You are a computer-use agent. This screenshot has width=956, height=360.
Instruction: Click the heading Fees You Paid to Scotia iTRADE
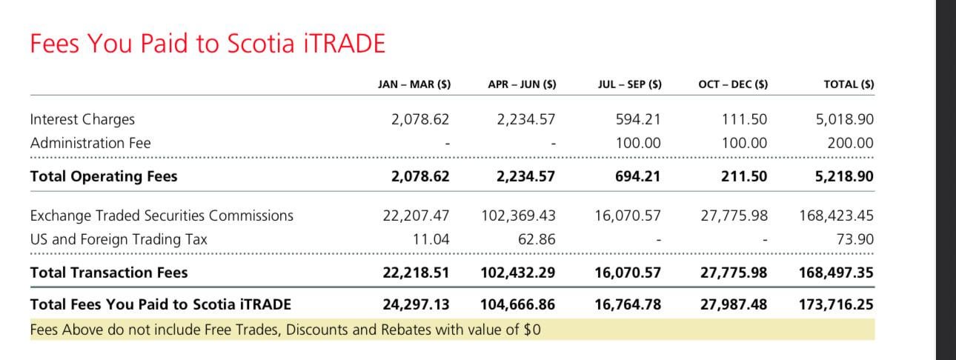point(208,44)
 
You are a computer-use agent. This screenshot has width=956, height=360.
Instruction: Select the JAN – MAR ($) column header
point(414,84)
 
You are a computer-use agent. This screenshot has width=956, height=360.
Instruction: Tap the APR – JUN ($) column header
point(522,84)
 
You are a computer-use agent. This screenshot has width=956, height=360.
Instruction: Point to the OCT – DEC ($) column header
point(733,84)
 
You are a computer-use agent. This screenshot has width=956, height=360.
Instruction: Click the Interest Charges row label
point(82,119)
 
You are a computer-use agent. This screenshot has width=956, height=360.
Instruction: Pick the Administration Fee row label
point(90,143)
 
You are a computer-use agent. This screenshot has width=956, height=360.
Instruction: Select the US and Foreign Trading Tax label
point(119,239)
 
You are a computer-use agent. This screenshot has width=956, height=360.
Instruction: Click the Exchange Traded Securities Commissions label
point(162,216)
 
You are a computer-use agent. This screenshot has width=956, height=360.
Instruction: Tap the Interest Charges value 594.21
point(638,119)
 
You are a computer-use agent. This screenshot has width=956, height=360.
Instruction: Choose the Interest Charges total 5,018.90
point(845,119)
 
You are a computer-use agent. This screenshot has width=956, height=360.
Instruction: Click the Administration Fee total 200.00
point(851,143)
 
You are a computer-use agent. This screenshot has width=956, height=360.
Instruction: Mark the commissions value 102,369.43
point(518,216)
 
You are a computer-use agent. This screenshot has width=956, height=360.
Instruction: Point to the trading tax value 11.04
point(431,239)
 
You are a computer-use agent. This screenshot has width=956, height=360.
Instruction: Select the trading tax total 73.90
point(857,239)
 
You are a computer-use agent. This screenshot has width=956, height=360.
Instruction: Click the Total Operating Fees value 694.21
point(637,176)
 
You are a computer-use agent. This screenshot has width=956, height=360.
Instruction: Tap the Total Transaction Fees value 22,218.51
point(416,273)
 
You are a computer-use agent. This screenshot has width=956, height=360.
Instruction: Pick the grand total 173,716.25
point(836,304)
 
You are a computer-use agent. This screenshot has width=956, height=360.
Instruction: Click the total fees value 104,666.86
point(518,304)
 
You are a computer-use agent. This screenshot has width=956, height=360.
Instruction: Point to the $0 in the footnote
point(531,330)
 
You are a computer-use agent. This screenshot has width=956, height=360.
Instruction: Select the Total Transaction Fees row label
point(109,273)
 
